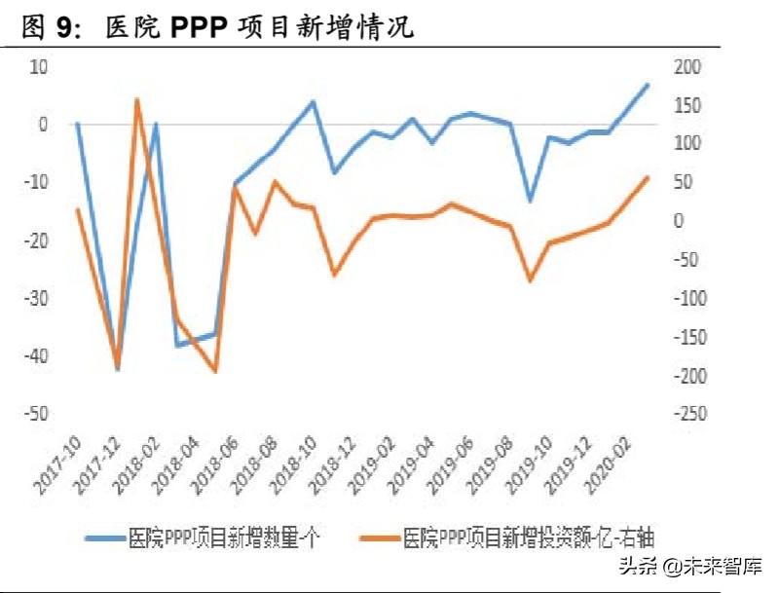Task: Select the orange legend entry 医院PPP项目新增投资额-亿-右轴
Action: (x=515, y=536)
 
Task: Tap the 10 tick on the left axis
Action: (x=39, y=66)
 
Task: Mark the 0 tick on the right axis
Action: (x=679, y=221)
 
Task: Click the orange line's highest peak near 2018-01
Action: (x=136, y=99)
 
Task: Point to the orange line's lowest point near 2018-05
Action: (x=215, y=372)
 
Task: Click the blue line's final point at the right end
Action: (x=649, y=85)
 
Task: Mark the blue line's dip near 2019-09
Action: (x=530, y=201)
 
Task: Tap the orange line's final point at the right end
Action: (x=649, y=177)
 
